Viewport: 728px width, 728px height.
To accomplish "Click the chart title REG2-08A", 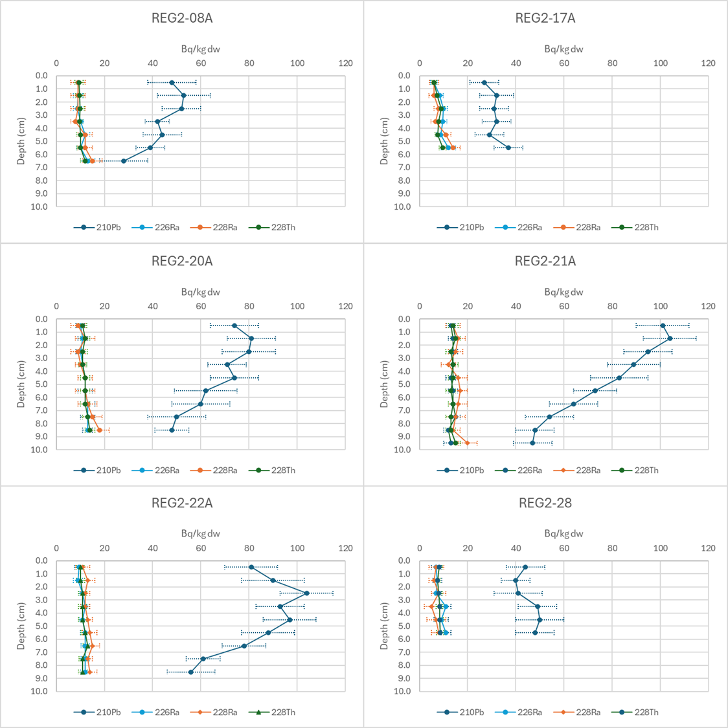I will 182,18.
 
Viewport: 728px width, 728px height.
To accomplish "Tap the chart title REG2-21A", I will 545,261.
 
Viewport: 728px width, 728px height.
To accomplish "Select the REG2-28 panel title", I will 545,503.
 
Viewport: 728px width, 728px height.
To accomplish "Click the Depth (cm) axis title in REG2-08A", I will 21,141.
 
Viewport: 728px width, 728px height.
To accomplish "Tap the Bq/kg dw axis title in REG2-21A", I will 563,292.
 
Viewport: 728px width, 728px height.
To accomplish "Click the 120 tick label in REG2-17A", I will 709,63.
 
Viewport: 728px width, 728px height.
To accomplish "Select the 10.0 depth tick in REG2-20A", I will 41,449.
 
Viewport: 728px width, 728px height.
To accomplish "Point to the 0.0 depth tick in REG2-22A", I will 41,560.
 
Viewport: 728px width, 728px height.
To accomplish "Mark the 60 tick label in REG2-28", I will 564,548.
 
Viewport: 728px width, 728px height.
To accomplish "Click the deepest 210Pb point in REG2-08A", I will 124,161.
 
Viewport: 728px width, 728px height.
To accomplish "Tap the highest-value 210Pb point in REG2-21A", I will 670,338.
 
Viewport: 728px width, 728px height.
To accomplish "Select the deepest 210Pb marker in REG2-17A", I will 508,148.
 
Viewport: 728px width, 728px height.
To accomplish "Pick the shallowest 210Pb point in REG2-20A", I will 234,325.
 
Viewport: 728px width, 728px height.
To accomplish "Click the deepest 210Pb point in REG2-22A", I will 191,672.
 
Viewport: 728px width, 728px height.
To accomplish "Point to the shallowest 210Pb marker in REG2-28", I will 525,567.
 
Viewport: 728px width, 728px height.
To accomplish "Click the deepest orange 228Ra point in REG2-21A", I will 468,443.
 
